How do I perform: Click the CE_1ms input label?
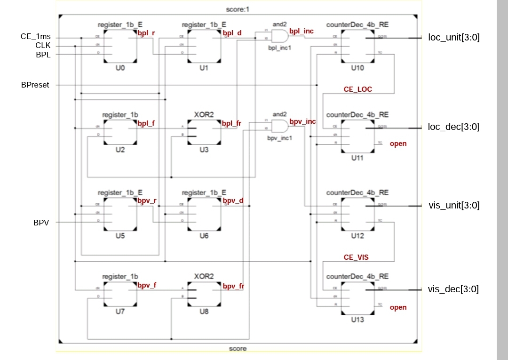(x=35, y=37)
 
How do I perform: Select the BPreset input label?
(x=35, y=85)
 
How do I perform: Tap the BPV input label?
(x=41, y=222)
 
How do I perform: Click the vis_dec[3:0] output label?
(x=453, y=289)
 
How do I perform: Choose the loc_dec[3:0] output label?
(x=453, y=127)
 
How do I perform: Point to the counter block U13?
(x=357, y=297)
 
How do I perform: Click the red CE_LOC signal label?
(x=358, y=88)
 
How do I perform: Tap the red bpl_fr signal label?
(x=232, y=124)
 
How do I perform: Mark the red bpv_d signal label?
(x=233, y=201)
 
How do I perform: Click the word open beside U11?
(x=398, y=144)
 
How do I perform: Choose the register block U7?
(x=120, y=297)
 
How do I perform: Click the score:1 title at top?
(x=238, y=9)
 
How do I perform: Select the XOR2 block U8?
(x=204, y=297)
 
